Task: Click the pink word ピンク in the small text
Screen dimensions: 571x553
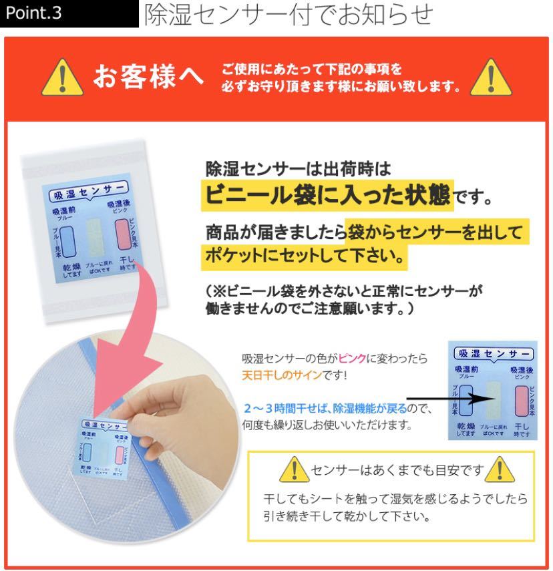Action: coord(353,359)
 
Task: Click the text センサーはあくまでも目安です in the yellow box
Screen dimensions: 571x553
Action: coord(396,471)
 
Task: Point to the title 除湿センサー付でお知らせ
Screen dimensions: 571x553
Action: coord(289,15)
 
